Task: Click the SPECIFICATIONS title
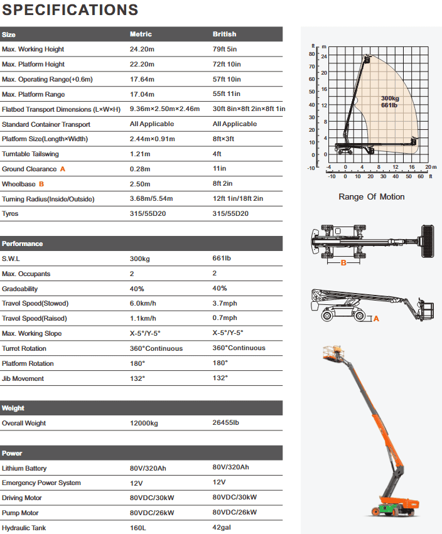[70, 10]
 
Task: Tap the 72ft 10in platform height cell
[227, 64]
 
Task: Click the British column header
[225, 34]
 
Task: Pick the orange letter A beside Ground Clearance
[62, 169]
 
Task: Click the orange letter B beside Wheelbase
[41, 184]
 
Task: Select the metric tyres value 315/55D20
[146, 213]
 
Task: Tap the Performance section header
[23, 243]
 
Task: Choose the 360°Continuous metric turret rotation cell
[156, 348]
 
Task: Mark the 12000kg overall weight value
[144, 423]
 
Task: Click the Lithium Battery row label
[24, 468]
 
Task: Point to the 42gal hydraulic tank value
[222, 528]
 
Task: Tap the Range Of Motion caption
[372, 197]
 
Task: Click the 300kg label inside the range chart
[389, 99]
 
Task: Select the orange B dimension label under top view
[343, 263]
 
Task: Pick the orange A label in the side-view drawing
[377, 319]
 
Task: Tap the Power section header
[12, 453]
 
